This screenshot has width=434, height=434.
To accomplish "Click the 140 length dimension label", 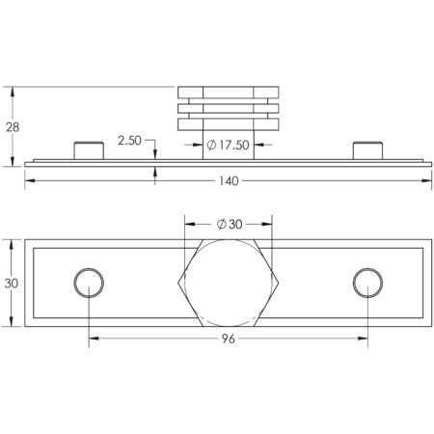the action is coord(229,181).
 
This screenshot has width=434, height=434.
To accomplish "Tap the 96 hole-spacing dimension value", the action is coord(229,339).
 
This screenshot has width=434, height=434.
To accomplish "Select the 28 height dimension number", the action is coord(13,127).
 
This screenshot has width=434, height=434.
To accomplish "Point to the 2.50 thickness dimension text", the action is coord(129,141).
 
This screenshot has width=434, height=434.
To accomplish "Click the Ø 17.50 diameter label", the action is coord(228,145).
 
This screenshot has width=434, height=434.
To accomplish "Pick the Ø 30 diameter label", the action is coord(230,224).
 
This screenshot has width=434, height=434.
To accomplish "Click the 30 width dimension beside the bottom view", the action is coord(12,284).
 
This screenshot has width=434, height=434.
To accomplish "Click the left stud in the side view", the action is coord(89,150).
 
